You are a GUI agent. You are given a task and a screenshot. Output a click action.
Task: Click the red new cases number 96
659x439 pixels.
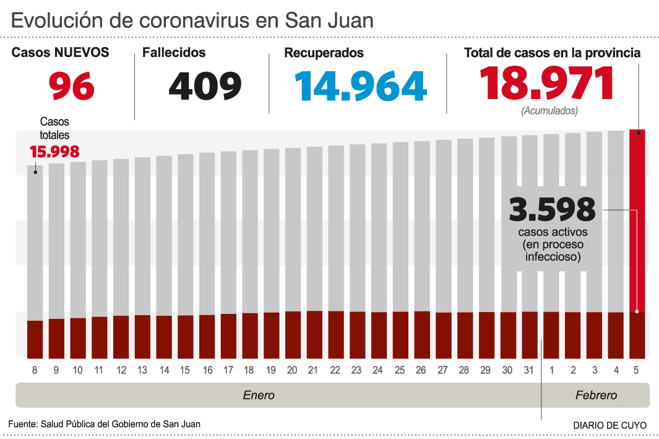tap(72, 86)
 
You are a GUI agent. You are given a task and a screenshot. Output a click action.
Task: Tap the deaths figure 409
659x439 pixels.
tap(205, 86)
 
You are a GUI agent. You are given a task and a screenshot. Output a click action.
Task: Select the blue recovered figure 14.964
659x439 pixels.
tap(361, 86)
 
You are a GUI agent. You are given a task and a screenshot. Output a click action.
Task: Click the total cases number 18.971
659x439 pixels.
tap(547, 84)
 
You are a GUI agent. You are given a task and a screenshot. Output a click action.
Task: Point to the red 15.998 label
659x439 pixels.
tap(54, 152)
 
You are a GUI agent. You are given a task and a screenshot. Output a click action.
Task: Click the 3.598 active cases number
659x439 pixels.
tap(552, 210)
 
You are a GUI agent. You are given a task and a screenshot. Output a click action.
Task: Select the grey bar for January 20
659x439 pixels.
tap(293, 229)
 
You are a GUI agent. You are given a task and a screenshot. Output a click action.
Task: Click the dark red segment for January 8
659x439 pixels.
tap(35, 339)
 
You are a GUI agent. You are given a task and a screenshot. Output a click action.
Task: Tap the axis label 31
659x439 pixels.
tap(528, 370)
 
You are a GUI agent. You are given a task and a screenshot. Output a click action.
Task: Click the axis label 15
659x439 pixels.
tap(186, 370)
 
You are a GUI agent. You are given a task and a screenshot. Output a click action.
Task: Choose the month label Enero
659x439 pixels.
tap(259, 395)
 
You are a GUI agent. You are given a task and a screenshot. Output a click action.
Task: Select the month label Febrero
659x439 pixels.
tap(596, 395)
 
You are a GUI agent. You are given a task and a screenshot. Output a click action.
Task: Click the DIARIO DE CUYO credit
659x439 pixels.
tap(609, 425)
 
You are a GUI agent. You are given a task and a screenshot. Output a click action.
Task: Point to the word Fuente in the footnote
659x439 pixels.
tap(22, 424)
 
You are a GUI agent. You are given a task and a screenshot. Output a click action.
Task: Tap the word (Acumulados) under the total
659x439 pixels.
tap(549, 111)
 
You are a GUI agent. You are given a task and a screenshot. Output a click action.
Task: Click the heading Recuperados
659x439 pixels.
tap(324, 53)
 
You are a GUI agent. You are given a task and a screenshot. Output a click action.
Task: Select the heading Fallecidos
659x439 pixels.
tap(174, 53)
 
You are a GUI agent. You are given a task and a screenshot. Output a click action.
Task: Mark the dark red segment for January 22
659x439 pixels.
tap(336, 334)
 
